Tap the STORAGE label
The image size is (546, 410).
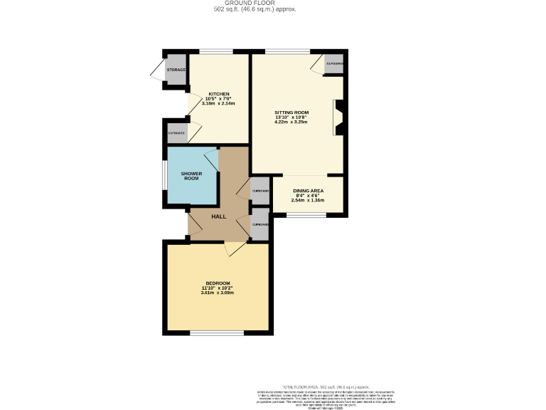point(176,70)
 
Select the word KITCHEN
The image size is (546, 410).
point(218,94)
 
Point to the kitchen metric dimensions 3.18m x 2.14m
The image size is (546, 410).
point(218,104)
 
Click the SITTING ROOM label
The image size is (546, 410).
point(292,112)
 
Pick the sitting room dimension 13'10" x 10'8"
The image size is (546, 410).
point(292,117)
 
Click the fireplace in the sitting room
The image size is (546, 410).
point(338,117)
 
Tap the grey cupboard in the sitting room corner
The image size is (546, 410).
point(334,64)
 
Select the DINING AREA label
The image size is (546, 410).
point(309,191)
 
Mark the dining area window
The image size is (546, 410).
point(306,215)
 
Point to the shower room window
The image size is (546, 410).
point(164,175)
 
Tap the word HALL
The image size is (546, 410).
point(218,216)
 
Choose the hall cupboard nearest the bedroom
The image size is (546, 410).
point(260,225)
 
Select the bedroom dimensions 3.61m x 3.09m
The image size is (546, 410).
point(217,293)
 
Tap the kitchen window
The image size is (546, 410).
point(215,51)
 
